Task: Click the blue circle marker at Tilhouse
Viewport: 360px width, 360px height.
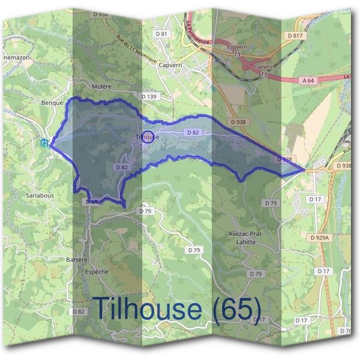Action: coord(149,136)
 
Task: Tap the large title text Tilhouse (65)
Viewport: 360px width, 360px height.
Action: coord(177,308)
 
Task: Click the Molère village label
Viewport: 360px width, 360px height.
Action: coord(102,86)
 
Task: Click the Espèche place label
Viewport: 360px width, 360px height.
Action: coord(96,272)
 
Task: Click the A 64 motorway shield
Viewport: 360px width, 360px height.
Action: coord(308,80)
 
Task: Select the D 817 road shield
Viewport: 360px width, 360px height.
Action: coord(295,36)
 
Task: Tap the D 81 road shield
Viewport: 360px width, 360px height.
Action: coord(161,34)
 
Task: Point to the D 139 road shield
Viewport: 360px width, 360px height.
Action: coord(149,97)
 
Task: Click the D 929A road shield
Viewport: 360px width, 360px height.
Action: coord(320,238)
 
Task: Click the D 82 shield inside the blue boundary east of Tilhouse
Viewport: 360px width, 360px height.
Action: coord(193,132)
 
